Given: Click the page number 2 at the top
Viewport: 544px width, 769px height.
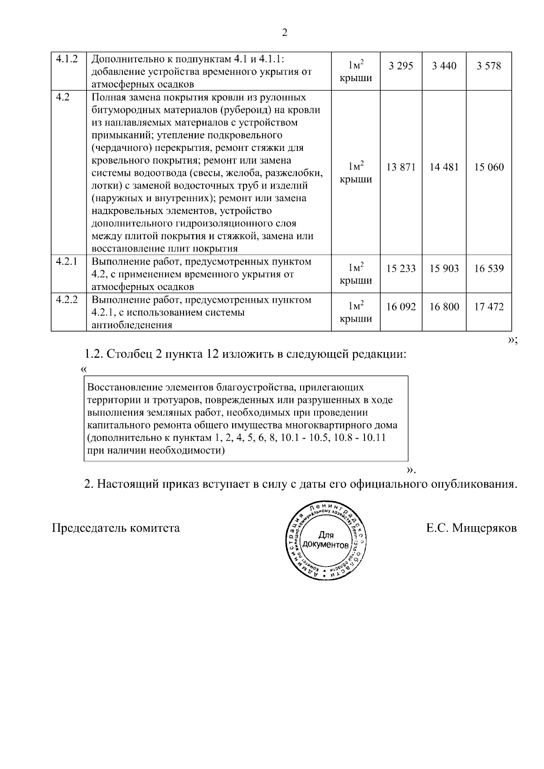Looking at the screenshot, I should [x=284, y=33].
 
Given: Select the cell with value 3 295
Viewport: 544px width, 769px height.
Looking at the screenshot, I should [x=401, y=66].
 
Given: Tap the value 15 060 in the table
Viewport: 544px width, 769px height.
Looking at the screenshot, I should [x=489, y=167].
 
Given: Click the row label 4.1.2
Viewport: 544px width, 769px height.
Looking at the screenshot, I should [x=67, y=59].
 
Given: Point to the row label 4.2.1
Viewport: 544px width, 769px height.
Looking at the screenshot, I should [x=67, y=261].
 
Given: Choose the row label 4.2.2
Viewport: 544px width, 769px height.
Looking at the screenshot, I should [x=67, y=300].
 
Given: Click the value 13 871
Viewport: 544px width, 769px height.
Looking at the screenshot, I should [x=401, y=167].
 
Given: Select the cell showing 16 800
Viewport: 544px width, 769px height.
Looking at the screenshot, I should [x=444, y=307].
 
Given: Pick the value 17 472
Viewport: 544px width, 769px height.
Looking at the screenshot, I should [x=489, y=307].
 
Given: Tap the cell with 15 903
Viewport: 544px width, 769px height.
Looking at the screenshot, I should [x=444, y=269].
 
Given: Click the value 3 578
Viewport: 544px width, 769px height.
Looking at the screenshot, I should [x=489, y=66].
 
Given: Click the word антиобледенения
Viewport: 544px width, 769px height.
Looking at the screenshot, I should [x=131, y=325].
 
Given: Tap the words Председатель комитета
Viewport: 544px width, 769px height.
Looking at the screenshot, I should [x=116, y=528].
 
